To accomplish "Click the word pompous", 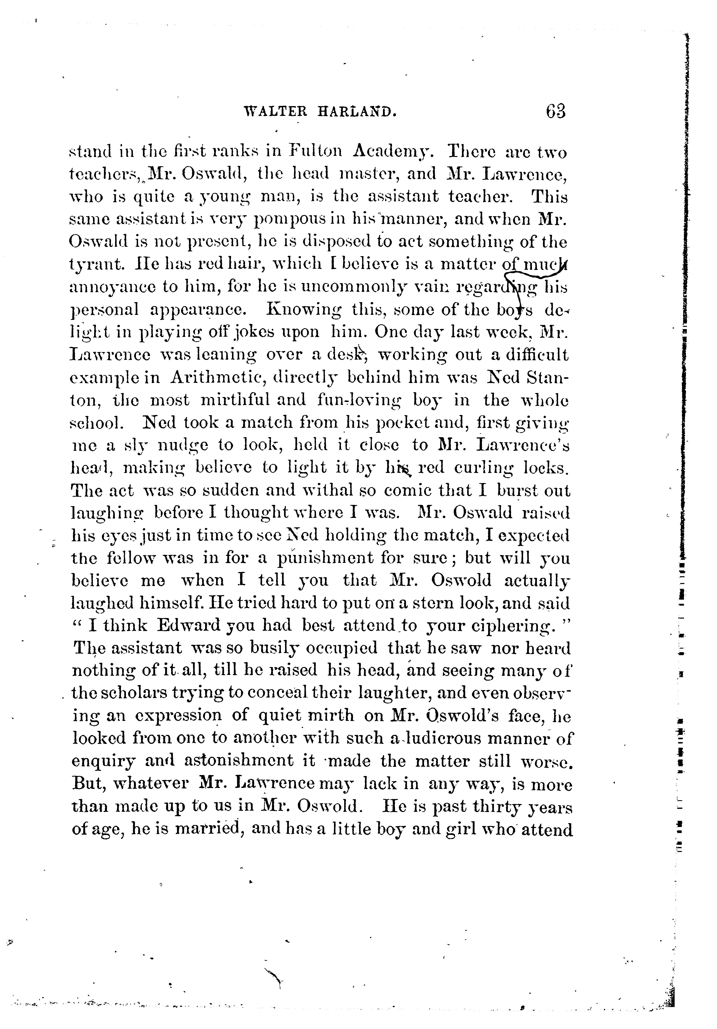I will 291,220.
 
